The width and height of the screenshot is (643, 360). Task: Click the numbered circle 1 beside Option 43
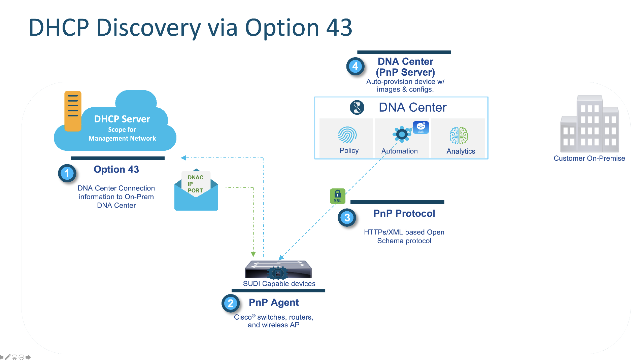(67, 173)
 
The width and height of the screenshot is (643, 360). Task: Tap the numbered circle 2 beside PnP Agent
(231, 303)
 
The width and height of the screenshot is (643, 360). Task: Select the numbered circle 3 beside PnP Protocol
(347, 218)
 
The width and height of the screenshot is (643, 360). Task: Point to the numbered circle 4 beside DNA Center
(355, 66)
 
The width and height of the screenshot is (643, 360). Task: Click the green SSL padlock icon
(337, 196)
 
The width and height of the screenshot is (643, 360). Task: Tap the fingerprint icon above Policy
(347, 135)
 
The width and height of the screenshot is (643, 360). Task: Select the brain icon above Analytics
(459, 136)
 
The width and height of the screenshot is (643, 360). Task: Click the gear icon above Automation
(402, 134)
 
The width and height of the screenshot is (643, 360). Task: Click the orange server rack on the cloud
(73, 111)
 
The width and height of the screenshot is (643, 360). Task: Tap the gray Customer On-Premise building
(589, 125)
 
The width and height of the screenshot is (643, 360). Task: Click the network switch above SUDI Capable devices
(278, 269)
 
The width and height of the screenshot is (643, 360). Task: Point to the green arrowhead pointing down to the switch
(253, 254)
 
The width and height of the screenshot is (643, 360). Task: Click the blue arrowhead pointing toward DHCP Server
(183, 158)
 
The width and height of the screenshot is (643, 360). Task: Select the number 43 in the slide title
(339, 28)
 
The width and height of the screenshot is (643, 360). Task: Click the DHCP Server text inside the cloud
(122, 119)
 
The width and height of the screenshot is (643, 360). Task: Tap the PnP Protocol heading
(404, 213)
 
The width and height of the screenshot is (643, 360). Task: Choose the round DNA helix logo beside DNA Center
(357, 108)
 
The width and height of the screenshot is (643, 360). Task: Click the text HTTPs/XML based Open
(404, 232)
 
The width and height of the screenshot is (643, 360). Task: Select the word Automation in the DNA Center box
(399, 151)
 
